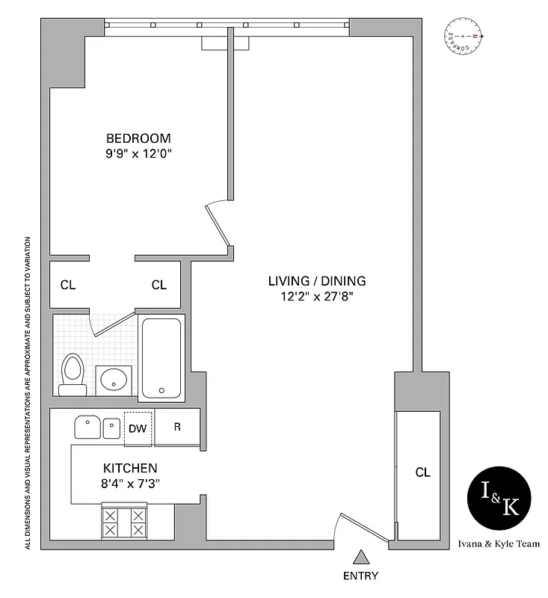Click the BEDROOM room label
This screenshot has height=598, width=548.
coord(138,138)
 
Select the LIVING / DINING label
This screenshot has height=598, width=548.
coord(317,281)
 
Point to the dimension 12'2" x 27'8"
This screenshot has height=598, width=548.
coord(317,297)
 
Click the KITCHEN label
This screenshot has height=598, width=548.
coord(130,468)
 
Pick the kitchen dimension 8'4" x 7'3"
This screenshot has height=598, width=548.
coord(130,483)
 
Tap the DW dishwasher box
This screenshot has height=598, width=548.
coord(138,428)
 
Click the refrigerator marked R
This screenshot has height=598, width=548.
coord(177,428)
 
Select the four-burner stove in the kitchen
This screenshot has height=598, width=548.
coord(124,522)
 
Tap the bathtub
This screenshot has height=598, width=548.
coord(161,358)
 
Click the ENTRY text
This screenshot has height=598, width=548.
coord(360,576)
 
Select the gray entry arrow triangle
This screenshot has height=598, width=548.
coord(361,557)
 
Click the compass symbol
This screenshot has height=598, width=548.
coord(464,37)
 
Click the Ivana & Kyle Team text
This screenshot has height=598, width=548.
coord(498,544)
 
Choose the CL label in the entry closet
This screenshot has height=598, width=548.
coord(422,472)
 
